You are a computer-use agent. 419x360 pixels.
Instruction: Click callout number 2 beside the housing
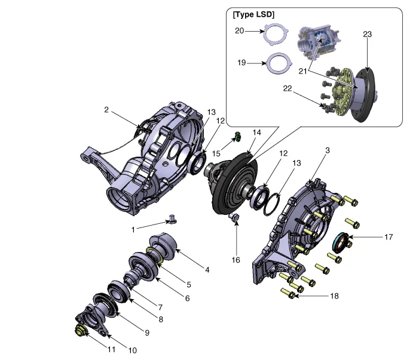pos(106,110)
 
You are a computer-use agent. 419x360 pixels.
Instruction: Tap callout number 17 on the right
pos(389,237)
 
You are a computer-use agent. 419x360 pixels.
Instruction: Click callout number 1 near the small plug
pos(134,228)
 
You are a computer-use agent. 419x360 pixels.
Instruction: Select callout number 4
pos(207,270)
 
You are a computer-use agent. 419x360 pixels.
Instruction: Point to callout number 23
pos(367,34)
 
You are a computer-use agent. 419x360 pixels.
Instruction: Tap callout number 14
pos(257,133)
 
